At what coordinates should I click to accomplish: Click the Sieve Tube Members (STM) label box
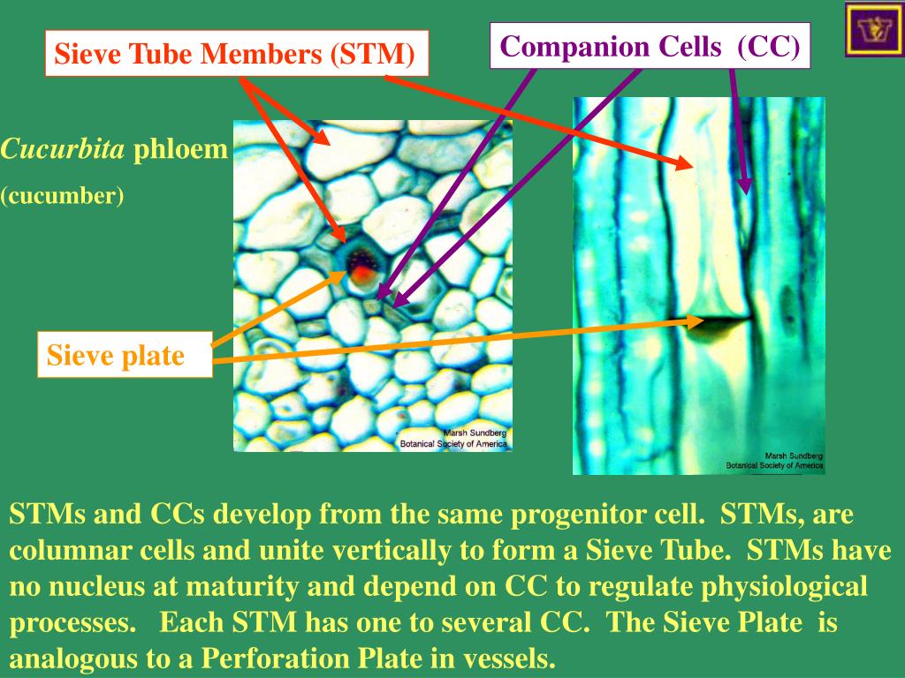click(x=235, y=54)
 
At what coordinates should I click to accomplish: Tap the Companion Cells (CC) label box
click(x=650, y=46)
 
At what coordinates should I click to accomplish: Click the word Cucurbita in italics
click(x=63, y=150)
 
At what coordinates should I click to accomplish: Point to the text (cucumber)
click(x=62, y=194)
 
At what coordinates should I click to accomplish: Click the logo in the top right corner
click(x=873, y=29)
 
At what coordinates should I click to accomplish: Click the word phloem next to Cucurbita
click(x=180, y=150)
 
